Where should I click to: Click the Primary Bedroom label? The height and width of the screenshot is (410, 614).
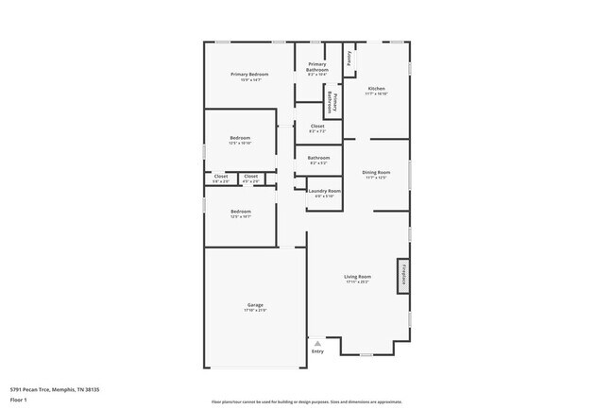click(x=250, y=75)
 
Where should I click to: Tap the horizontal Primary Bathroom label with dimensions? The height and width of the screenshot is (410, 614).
click(x=317, y=68)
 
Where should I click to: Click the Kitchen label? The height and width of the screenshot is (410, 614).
click(x=377, y=89)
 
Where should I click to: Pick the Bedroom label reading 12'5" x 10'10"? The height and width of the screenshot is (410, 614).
click(x=240, y=139)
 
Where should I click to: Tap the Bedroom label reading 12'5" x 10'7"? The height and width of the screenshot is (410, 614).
click(x=240, y=213)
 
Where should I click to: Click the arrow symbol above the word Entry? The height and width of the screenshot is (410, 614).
click(x=317, y=344)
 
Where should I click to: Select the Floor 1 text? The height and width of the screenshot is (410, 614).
click(x=20, y=400)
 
